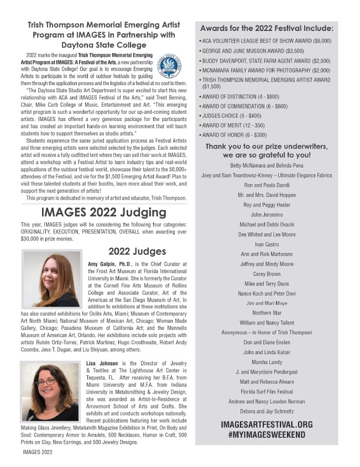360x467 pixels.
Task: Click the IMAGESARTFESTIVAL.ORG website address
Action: click(266, 424)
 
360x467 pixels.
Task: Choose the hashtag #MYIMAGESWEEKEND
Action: click(266, 435)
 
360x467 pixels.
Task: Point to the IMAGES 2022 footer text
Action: click(38, 452)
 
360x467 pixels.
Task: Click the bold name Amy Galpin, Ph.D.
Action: click(109, 265)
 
